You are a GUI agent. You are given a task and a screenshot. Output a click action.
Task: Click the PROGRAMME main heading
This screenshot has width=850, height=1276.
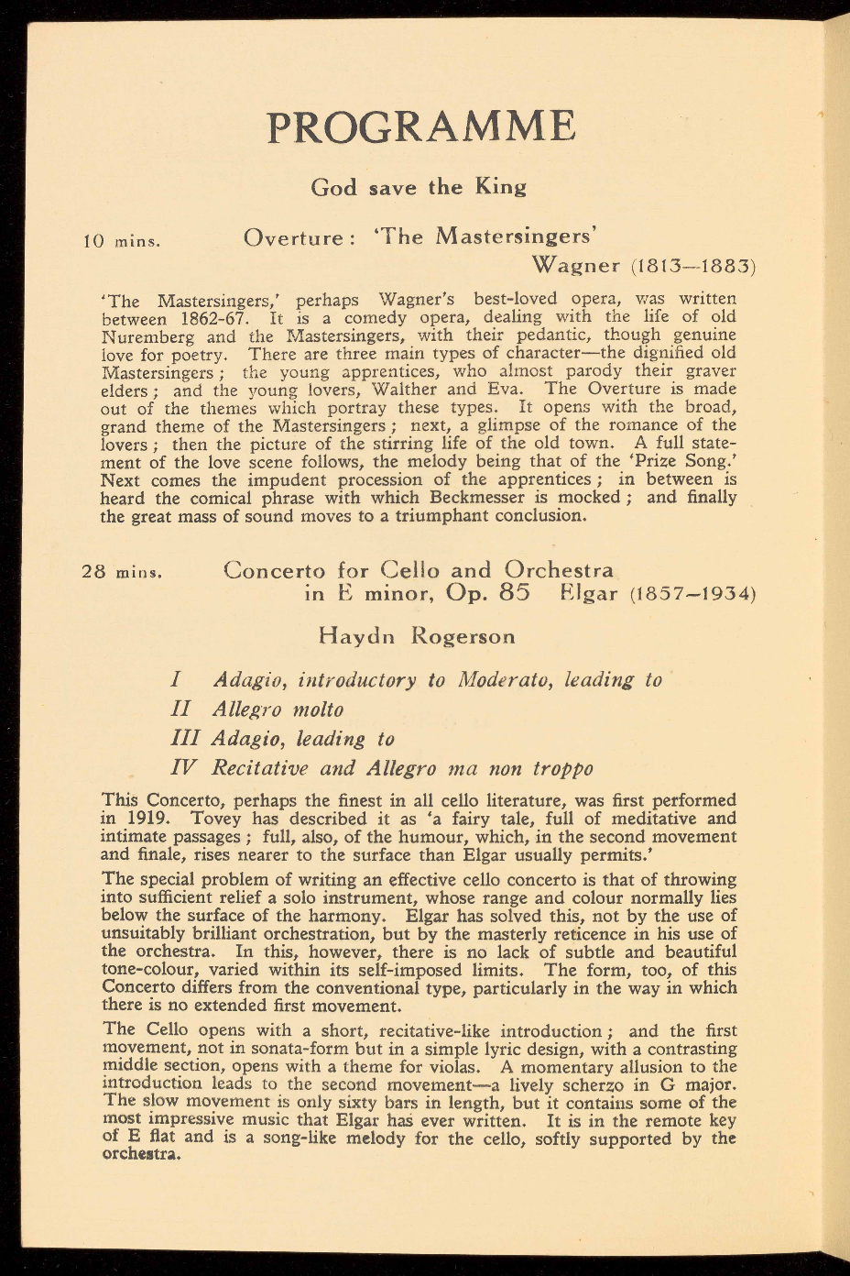(421, 127)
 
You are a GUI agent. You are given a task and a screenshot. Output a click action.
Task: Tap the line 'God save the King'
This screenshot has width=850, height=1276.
(419, 188)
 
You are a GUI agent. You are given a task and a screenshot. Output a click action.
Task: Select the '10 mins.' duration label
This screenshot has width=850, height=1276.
(122, 243)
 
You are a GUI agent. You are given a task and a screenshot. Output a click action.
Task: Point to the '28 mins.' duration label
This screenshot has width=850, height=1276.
(122, 572)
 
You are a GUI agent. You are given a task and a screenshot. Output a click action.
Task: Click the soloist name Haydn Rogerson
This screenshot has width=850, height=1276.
(417, 636)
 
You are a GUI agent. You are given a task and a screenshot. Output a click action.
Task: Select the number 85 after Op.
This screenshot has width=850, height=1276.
(515, 593)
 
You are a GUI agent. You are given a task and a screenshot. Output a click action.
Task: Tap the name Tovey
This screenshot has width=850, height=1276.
(219, 819)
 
